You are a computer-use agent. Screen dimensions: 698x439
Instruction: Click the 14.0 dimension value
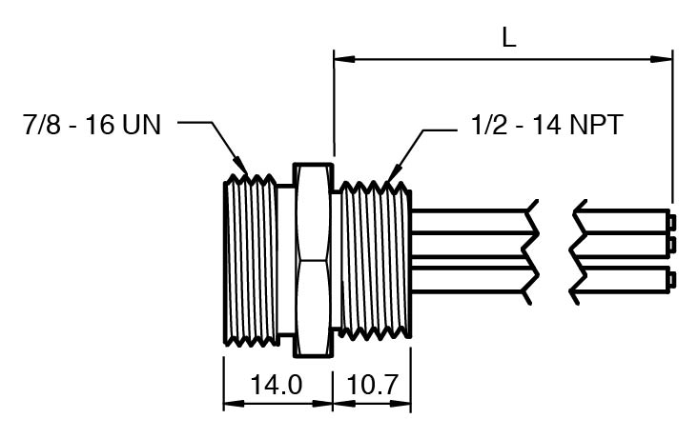[x=276, y=385]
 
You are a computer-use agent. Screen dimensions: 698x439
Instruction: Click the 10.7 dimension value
[x=371, y=385]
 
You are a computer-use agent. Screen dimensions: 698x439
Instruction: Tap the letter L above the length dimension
[x=509, y=37]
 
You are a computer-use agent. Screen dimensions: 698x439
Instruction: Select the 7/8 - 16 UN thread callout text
[x=92, y=125]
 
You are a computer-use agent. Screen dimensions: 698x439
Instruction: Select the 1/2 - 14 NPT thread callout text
[x=546, y=125]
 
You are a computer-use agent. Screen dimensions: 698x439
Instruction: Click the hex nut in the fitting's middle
[x=313, y=261]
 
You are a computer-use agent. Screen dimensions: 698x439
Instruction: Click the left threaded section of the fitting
[x=251, y=261]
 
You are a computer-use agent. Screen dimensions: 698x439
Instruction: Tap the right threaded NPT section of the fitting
[x=376, y=261]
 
